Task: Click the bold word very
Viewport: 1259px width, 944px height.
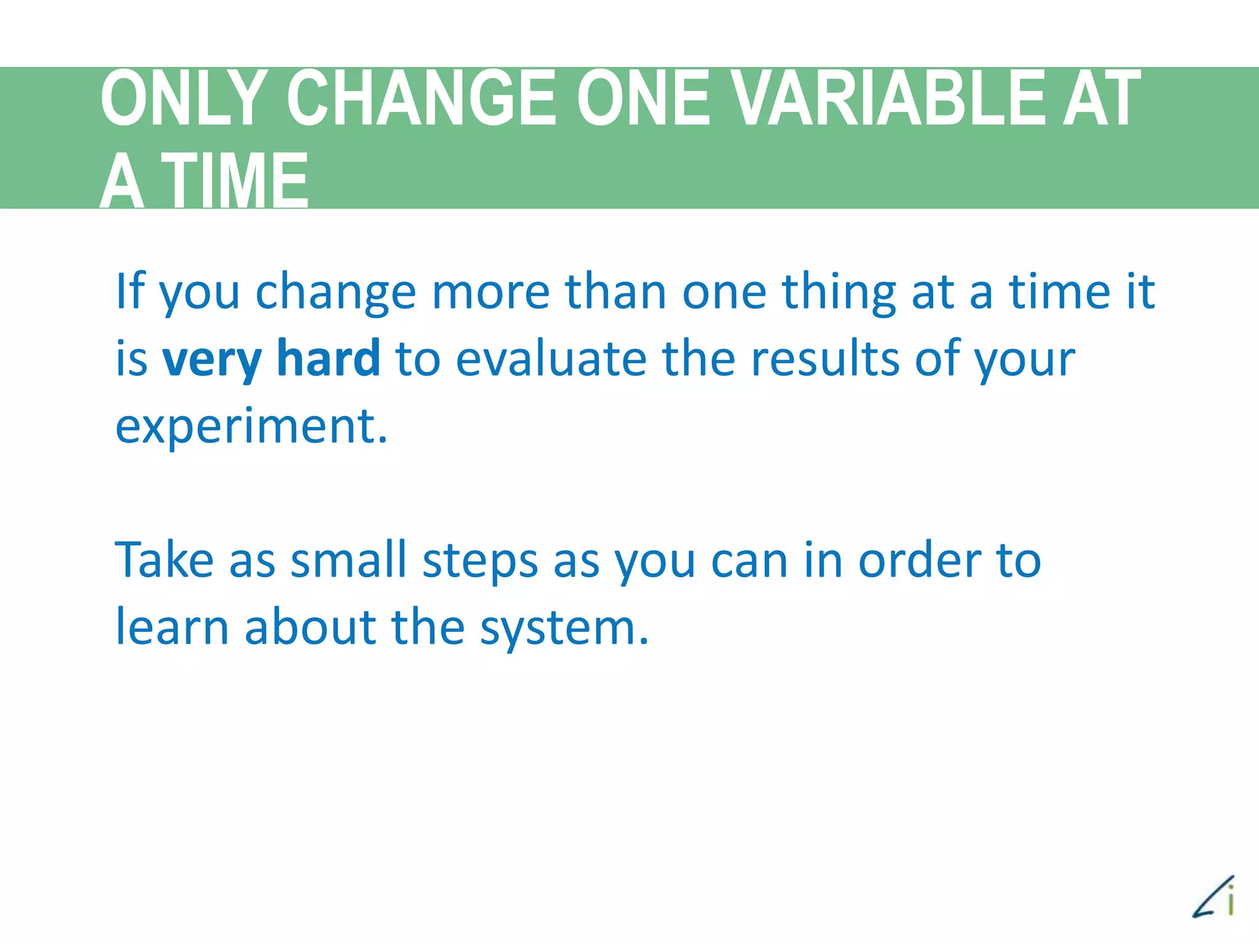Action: [211, 360]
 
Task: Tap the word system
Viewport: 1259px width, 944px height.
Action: [564, 628]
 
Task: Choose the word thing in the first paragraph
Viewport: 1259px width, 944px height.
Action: [839, 293]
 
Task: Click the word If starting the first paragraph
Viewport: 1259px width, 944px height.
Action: [130, 291]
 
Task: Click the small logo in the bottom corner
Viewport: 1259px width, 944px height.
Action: [1214, 897]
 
